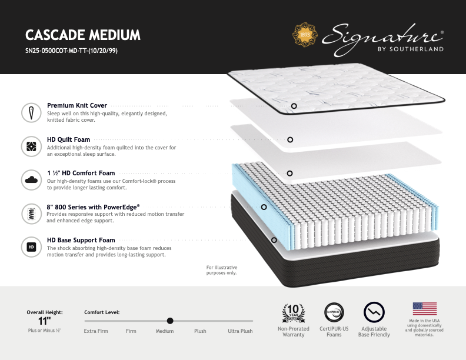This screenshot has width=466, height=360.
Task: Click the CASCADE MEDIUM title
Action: [83, 35]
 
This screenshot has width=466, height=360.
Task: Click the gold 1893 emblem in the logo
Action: [305, 34]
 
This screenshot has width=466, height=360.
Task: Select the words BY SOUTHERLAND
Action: [411, 49]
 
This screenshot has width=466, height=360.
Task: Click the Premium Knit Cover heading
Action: [77, 106]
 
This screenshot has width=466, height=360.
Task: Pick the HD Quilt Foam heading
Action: [69, 140]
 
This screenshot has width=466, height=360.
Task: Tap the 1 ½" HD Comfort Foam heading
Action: [81, 174]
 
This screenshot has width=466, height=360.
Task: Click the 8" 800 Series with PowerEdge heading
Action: [93, 207]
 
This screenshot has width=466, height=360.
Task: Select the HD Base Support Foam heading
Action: [81, 241]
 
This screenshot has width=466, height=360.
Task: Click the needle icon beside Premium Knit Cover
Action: [31, 112]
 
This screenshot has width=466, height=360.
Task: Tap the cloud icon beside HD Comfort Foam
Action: [31, 179]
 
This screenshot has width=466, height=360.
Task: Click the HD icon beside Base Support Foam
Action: [31, 246]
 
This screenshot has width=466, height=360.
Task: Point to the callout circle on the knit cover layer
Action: [294, 106]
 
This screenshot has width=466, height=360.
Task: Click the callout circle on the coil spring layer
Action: [264, 207]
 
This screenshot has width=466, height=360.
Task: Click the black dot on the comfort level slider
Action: [170, 321]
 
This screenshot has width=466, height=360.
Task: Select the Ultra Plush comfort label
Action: [240, 331]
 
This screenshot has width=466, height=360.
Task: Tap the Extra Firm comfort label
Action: [96, 331]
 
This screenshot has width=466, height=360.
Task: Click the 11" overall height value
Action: [45, 321]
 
